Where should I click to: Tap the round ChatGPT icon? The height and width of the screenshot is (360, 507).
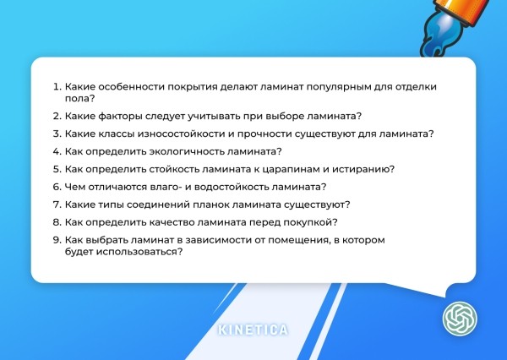click(x=461, y=319)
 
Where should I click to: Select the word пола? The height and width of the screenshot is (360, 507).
click(x=79, y=99)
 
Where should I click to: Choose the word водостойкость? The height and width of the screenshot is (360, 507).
click(x=226, y=187)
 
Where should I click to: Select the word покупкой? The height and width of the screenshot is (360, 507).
click(x=309, y=222)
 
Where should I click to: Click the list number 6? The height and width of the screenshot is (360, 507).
click(x=57, y=187)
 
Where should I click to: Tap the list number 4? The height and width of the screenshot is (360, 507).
click(x=57, y=151)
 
